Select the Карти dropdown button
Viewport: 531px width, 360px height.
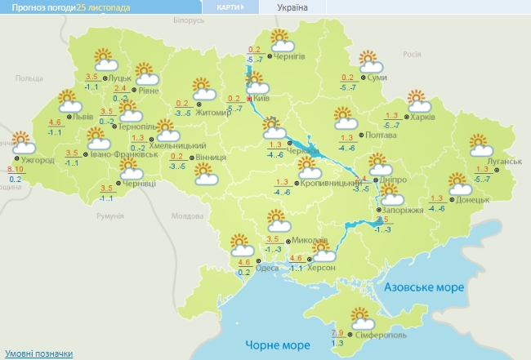pyautogui.click(x=231, y=7)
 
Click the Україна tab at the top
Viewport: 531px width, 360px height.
pyautogui.click(x=292, y=7)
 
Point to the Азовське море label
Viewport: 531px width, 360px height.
pyautogui.click(x=425, y=288)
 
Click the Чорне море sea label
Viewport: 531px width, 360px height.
pyautogui.click(x=274, y=346)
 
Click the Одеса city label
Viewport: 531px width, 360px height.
pyautogui.click(x=265, y=268)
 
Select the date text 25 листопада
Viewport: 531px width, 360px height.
pyautogui.click(x=102, y=7)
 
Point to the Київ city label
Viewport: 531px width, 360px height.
pyautogui.click(x=262, y=98)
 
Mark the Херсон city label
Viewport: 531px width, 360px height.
pyautogui.click(x=320, y=268)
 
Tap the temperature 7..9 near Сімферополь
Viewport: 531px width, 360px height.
pyautogui.click(x=337, y=332)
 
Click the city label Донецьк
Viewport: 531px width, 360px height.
pyautogui.click(x=473, y=199)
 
